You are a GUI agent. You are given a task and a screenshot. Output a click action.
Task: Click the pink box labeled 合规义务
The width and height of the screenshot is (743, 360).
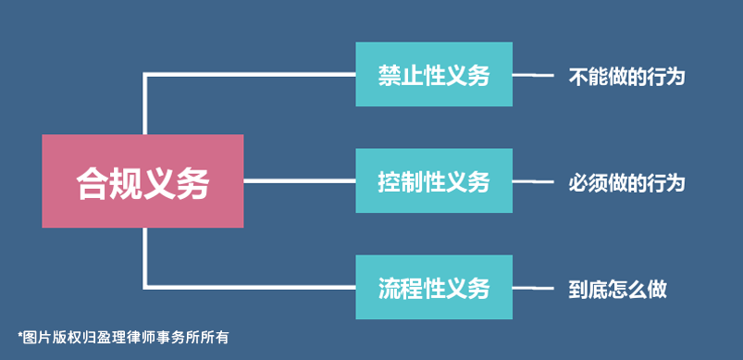[x=142, y=181]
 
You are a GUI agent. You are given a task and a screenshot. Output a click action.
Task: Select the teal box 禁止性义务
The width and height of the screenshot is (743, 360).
[x=434, y=74]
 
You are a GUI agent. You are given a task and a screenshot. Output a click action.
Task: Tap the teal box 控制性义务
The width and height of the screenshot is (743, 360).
[x=434, y=181]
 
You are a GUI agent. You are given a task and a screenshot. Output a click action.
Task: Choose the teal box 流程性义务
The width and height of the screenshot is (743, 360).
[x=434, y=288]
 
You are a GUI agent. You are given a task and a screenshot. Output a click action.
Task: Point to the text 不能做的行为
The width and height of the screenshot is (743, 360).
[x=626, y=76]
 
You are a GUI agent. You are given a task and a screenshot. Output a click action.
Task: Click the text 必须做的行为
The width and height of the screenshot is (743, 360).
[x=626, y=182]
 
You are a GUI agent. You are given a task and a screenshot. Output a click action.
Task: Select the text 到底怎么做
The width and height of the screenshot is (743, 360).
[x=617, y=289]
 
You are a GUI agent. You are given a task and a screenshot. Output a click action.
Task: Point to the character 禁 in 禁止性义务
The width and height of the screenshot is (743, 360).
[x=389, y=75]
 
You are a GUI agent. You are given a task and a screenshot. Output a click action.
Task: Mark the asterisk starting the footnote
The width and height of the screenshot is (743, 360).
[x=19, y=334]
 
